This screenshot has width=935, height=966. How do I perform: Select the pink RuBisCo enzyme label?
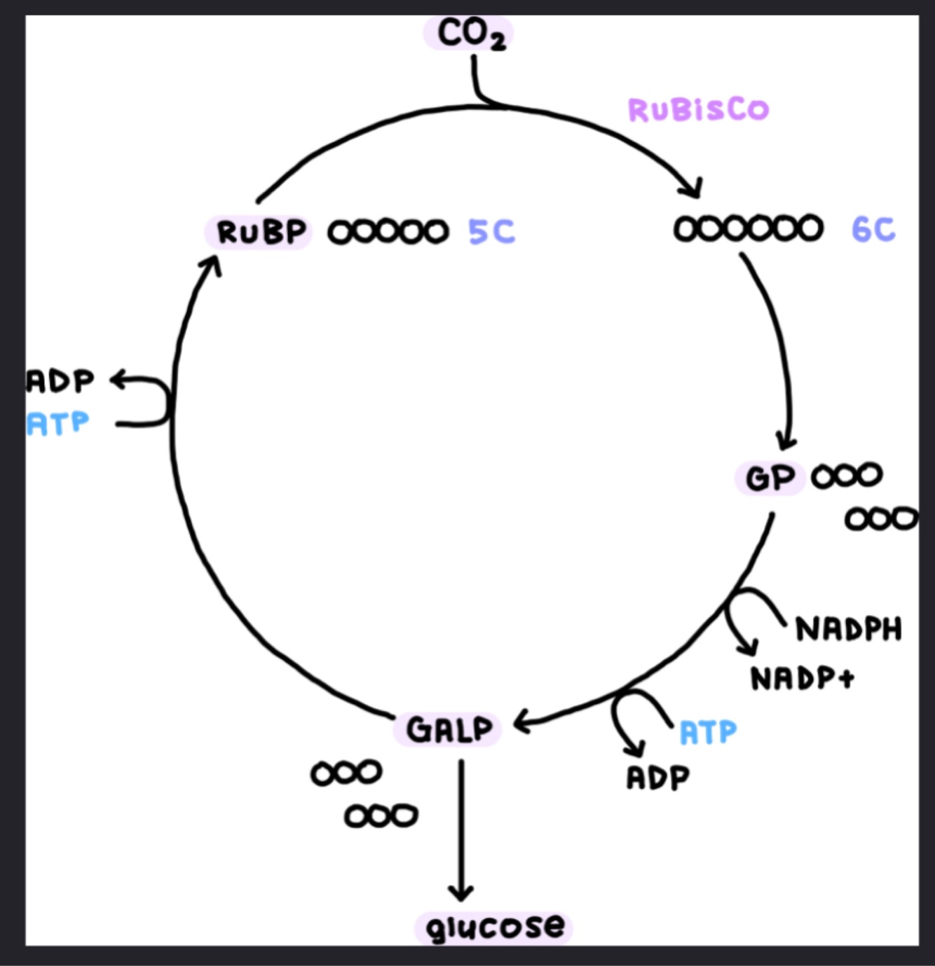[x=698, y=109]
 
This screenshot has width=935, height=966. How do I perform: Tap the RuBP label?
[x=261, y=232]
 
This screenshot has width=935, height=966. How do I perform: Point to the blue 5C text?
[x=491, y=231]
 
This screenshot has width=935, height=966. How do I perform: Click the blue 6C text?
[x=873, y=229]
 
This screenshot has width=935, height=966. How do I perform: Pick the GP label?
[x=770, y=478]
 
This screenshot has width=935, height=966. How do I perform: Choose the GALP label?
[x=449, y=729]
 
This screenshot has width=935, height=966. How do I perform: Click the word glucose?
[x=495, y=927]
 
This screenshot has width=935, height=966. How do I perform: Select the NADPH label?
[x=848, y=630]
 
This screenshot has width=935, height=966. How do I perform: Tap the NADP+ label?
[x=802, y=678]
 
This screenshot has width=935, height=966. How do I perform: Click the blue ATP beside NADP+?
[x=708, y=733]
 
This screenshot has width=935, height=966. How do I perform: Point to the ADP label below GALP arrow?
[x=657, y=777]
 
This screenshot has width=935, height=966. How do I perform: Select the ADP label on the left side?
[x=60, y=381]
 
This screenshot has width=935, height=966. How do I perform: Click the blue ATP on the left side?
[x=58, y=424]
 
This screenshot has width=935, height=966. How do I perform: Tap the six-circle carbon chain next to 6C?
[x=748, y=228]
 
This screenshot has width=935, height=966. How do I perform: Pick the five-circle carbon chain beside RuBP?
[x=388, y=232]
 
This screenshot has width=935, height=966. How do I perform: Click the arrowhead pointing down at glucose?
[x=460, y=894]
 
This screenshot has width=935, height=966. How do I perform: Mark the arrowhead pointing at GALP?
[x=521, y=722]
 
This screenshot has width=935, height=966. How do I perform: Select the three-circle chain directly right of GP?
[x=846, y=476]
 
